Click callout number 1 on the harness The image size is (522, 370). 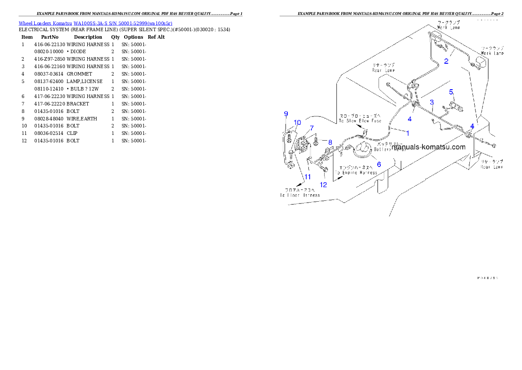[x=408, y=132]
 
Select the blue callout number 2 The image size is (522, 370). [x=446, y=61]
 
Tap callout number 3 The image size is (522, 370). [x=432, y=102]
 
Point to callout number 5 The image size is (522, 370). [x=450, y=92]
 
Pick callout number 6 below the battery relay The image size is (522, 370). [x=379, y=164]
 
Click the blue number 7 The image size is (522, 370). [x=312, y=128]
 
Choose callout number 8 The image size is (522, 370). [x=330, y=142]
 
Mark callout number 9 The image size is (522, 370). [x=286, y=114]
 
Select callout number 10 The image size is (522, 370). [x=297, y=122]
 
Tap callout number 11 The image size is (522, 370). [x=307, y=177]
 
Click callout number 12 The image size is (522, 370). [x=323, y=185]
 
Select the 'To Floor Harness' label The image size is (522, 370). [x=300, y=195]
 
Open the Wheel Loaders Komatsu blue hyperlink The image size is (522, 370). [x=95, y=23]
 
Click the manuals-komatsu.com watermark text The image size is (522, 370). [x=429, y=147]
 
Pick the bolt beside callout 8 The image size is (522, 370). [x=316, y=142]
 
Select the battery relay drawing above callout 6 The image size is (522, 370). [x=363, y=149]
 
